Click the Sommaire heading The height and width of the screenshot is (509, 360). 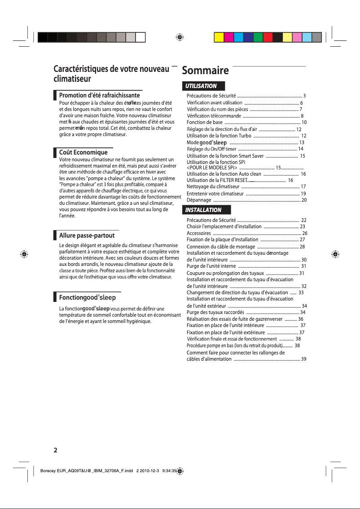[x=205, y=71]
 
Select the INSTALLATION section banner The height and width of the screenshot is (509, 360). [x=204, y=210]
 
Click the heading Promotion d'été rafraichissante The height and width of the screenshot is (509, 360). [x=100, y=95]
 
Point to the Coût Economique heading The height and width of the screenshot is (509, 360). [x=83, y=152]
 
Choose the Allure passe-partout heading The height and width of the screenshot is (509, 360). [x=87, y=235]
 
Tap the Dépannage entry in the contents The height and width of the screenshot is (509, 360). [x=199, y=200]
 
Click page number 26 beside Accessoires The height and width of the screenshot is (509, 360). [x=305, y=233]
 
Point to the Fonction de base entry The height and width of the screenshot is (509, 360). [x=204, y=122]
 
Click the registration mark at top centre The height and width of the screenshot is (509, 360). [x=180, y=37]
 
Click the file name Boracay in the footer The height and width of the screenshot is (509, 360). [x=50, y=472]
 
